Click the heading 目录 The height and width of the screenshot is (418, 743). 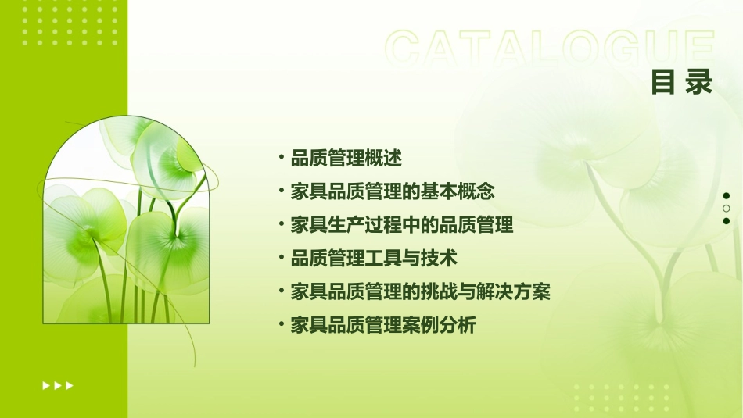click(x=682, y=82)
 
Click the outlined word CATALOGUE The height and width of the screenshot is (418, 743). click(x=549, y=49)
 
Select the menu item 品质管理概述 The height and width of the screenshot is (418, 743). click(x=346, y=159)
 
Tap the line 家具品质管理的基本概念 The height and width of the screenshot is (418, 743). click(x=393, y=191)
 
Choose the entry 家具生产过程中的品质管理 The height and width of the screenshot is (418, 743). click(x=402, y=226)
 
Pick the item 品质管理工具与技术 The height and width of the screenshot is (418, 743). click(x=374, y=258)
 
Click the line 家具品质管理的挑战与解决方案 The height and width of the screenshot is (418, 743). click(x=421, y=292)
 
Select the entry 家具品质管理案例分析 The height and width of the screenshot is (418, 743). click(x=383, y=325)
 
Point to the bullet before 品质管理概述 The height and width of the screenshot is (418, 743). click(x=281, y=159)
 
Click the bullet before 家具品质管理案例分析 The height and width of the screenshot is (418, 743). click(x=281, y=325)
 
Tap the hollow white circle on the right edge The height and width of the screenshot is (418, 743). click(x=727, y=209)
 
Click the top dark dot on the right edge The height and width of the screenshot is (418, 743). click(x=727, y=195)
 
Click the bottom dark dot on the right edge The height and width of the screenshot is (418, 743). click(x=727, y=221)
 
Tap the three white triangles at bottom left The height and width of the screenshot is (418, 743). click(x=58, y=385)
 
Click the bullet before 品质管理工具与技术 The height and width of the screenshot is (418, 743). click(x=281, y=258)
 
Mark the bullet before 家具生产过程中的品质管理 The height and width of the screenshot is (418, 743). click(x=281, y=226)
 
